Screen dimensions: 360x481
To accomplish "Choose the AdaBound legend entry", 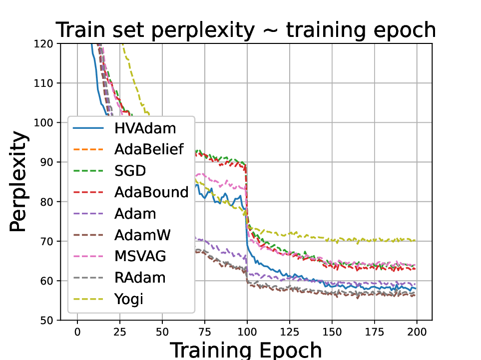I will coord(151,192).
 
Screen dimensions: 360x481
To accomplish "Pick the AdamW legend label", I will coord(141,235).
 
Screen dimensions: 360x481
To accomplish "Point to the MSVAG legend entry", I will coord(139,256).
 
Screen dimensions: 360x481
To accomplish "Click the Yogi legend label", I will coord(129,299).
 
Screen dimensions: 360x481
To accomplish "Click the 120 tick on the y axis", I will coord(48,43).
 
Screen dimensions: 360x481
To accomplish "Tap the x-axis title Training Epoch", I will coord(246,350).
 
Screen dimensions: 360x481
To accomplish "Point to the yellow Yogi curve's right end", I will coord(415,240).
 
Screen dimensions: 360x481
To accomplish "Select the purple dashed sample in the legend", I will coord(88,214).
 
